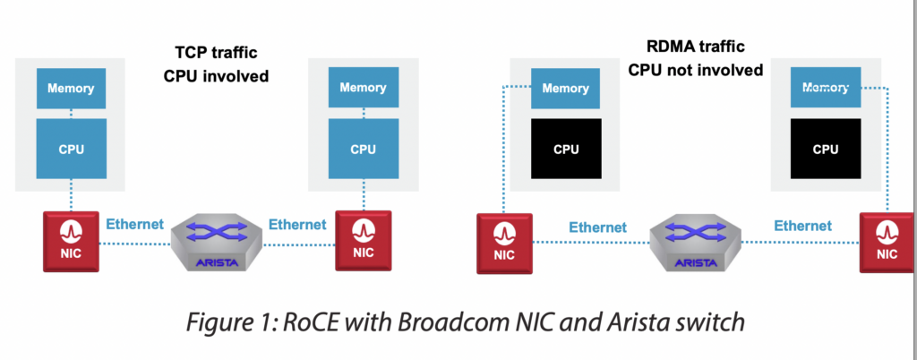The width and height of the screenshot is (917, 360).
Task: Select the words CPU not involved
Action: [x=695, y=69]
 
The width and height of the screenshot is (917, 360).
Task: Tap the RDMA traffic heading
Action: [x=695, y=47]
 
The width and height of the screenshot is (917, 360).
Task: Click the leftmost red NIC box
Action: [x=71, y=240]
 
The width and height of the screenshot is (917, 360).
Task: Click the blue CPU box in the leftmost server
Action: [x=71, y=148]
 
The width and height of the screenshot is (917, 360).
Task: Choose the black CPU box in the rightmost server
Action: [x=825, y=149]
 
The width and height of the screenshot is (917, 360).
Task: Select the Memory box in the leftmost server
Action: [x=71, y=88]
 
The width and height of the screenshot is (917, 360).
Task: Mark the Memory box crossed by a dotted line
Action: [x=825, y=88]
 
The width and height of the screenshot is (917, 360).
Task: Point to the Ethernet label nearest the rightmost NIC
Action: [x=802, y=226]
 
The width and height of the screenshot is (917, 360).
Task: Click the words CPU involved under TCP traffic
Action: [x=216, y=76]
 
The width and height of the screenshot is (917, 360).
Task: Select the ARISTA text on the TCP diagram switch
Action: [x=219, y=261]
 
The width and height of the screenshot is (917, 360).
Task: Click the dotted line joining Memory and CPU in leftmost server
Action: [x=71, y=114]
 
